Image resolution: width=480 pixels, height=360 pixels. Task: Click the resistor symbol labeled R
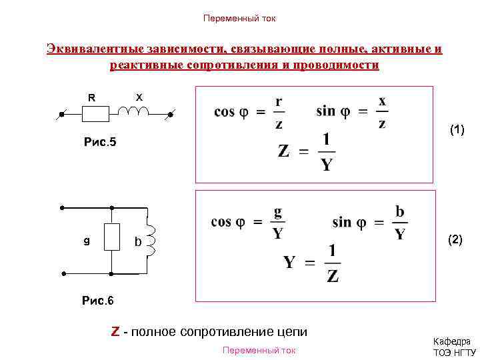point(95,115)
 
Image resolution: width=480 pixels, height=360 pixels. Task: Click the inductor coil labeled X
point(138,111)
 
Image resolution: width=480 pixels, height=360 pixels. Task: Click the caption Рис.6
point(97,301)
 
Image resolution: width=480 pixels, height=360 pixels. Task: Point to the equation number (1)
point(457,130)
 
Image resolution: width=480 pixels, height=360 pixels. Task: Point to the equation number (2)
point(455,239)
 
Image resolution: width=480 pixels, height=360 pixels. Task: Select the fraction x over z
point(381,111)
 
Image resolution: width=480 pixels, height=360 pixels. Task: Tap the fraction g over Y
point(277,223)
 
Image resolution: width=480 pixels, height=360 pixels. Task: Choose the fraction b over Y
point(399,223)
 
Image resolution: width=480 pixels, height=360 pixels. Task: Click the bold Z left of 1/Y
point(283,151)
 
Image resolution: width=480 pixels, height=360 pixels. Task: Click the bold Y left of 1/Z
point(290,262)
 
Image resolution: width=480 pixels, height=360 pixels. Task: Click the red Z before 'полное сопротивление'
point(115,331)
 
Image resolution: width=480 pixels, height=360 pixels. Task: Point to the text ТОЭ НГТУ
point(455,353)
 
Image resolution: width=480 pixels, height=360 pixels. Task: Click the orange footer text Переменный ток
point(259,351)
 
